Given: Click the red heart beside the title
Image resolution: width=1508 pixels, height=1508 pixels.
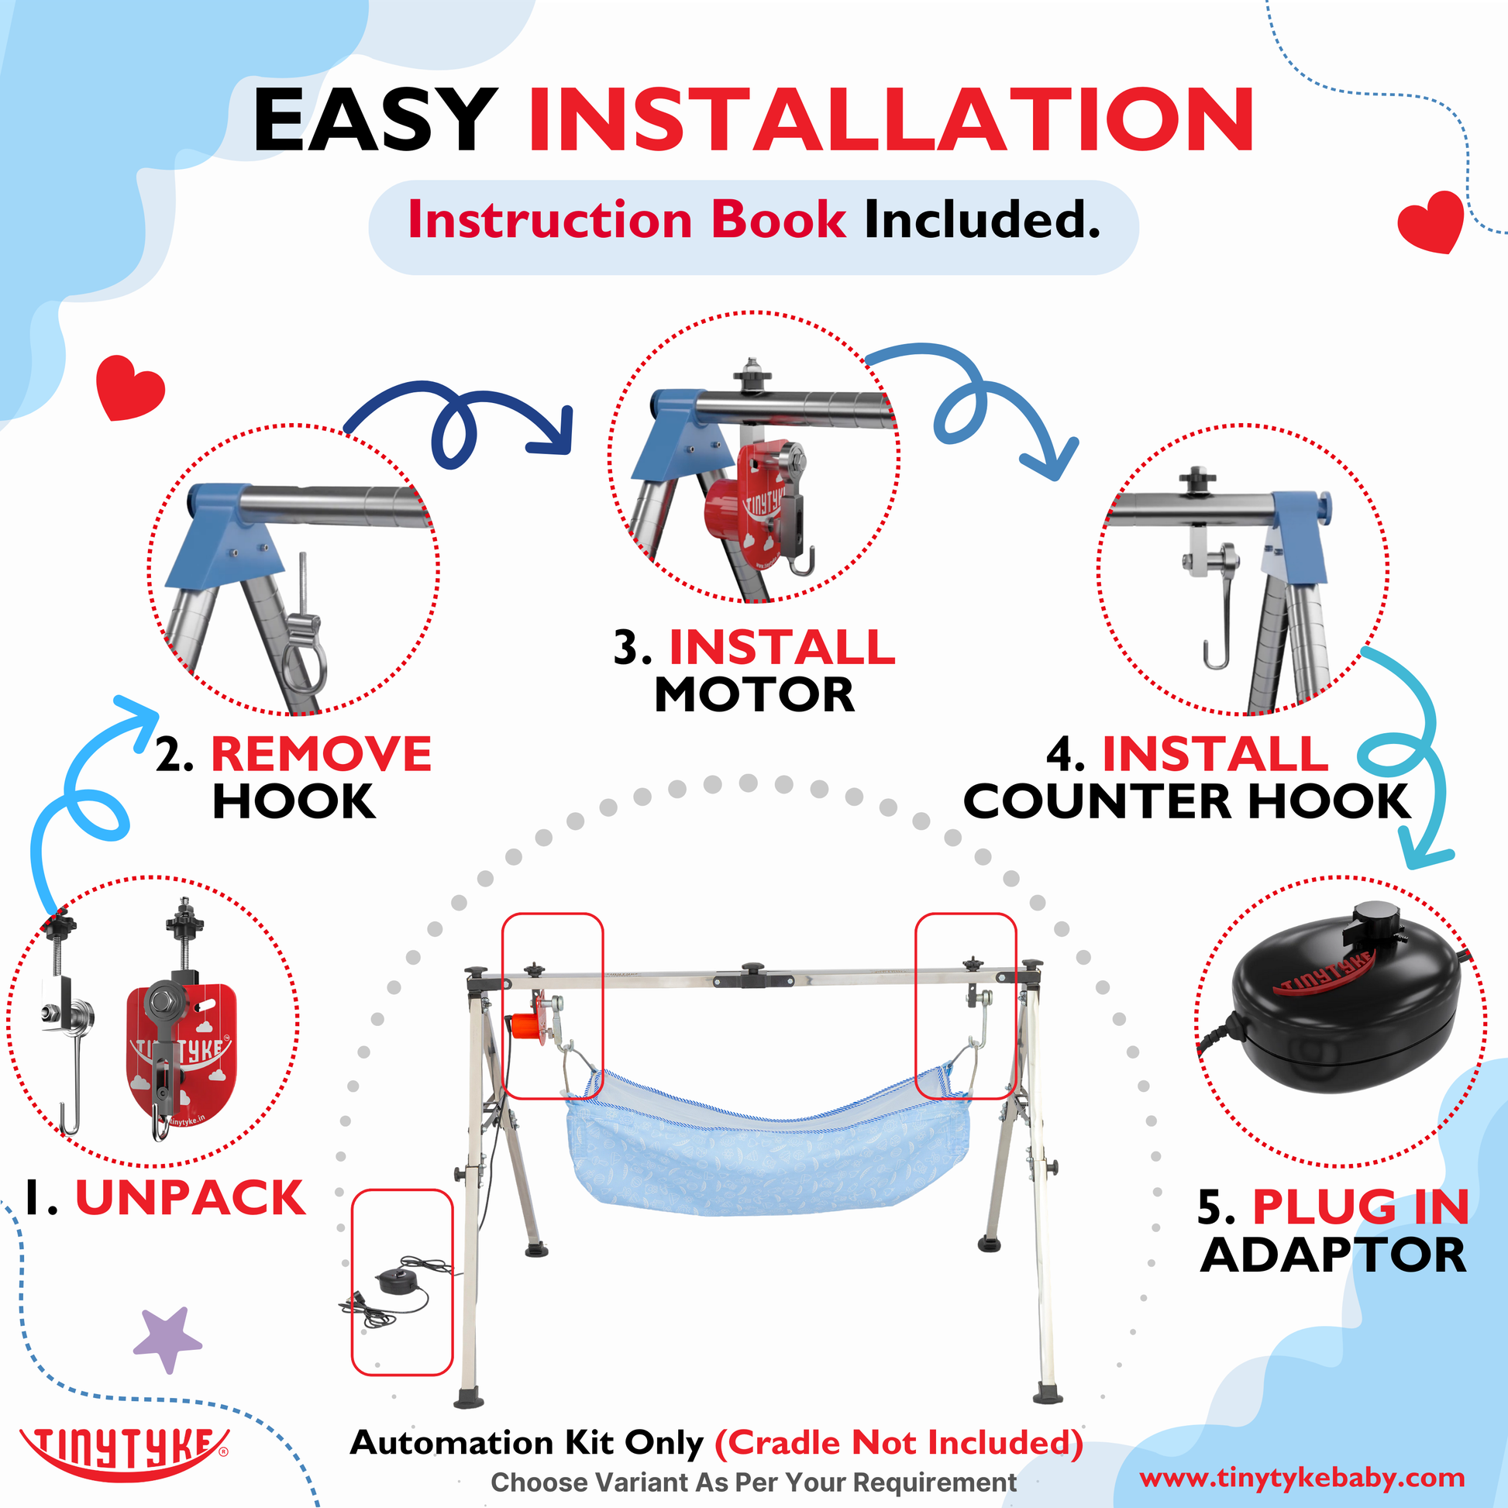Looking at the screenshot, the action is pyautogui.click(x=1431, y=222).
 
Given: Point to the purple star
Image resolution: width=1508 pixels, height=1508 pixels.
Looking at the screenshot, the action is pyautogui.click(x=167, y=1339).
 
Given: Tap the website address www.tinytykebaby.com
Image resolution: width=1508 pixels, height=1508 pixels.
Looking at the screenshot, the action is pyautogui.click(x=1302, y=1478).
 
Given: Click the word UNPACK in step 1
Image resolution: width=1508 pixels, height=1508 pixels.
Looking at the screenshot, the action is pyautogui.click(x=190, y=1198).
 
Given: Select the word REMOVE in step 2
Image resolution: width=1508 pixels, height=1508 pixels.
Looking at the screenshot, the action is pyautogui.click(x=321, y=754).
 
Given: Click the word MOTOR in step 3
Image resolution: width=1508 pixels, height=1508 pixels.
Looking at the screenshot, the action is pyautogui.click(x=755, y=694).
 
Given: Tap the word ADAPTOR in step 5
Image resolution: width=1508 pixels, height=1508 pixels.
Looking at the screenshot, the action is pyautogui.click(x=1334, y=1256).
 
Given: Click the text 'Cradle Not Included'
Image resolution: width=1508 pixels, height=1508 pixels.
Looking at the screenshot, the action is pyautogui.click(x=898, y=1443).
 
